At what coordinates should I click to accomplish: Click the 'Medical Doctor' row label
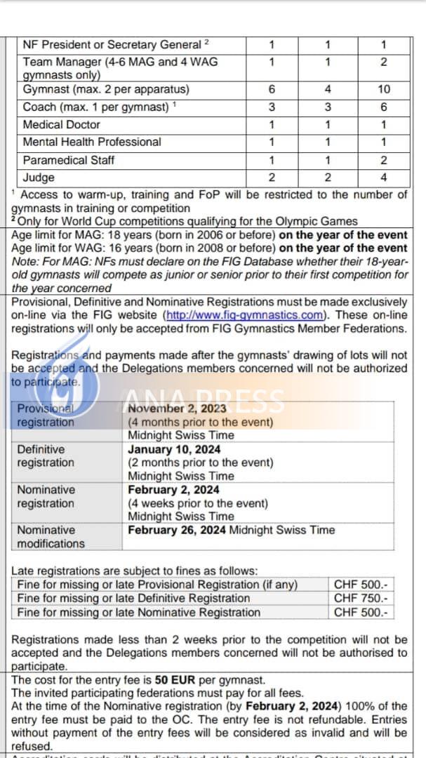[x=62, y=124]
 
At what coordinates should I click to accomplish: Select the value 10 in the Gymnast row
[x=383, y=90]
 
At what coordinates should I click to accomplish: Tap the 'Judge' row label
[x=39, y=178]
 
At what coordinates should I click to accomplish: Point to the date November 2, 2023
[x=178, y=408]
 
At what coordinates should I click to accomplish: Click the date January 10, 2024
[x=173, y=449]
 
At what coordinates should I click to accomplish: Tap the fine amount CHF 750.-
[x=361, y=598]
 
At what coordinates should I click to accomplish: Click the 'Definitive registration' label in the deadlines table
[x=45, y=456]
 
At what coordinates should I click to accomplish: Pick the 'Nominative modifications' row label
[x=51, y=537]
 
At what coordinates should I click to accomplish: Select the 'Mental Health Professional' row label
[x=92, y=142]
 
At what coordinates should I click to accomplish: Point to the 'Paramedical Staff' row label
[x=69, y=160]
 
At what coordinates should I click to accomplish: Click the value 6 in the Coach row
[x=383, y=107]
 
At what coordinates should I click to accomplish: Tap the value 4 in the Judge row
[x=383, y=178]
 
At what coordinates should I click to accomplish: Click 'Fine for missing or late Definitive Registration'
[x=133, y=598]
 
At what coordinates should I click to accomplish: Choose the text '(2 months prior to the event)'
[x=201, y=463]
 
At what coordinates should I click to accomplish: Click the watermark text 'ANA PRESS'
[x=204, y=401]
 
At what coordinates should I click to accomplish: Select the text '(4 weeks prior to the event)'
[x=198, y=503]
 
